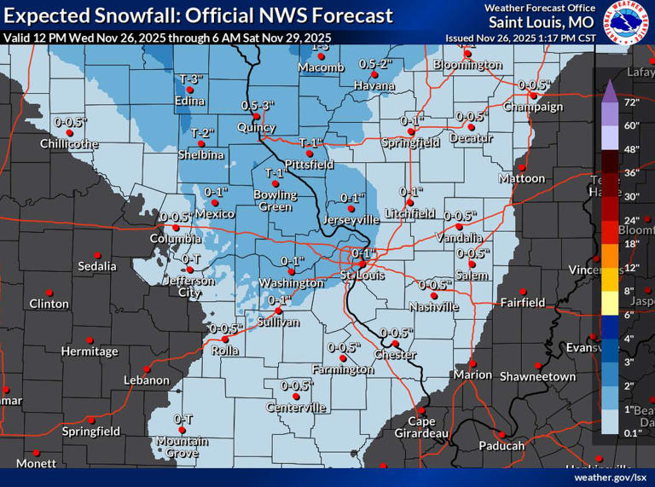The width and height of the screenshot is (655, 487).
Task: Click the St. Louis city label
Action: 362,275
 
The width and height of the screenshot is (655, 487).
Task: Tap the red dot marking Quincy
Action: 258,116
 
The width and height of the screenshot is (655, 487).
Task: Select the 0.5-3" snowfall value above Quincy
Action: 258,105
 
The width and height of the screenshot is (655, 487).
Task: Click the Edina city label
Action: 191,101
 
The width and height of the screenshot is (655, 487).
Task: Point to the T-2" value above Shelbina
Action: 201,133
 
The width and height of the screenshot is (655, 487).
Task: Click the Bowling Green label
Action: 275,200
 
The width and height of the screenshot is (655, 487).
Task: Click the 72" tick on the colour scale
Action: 631,102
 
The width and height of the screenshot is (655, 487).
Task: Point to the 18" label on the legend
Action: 631,244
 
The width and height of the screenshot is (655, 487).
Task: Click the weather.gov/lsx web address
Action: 610,478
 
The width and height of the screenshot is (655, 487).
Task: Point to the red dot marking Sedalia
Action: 97,255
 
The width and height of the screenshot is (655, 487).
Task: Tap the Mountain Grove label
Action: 182,447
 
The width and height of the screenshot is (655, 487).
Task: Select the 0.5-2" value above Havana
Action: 374,64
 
